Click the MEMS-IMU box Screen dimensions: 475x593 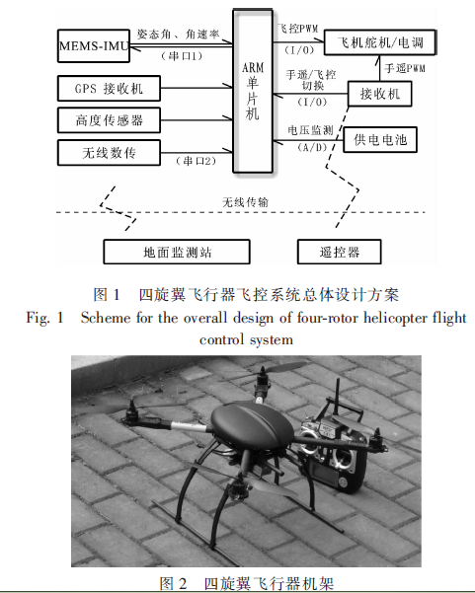(94, 45)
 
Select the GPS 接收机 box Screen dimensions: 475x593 (109, 89)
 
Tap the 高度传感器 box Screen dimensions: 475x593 (109, 120)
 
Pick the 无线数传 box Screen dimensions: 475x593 (109, 153)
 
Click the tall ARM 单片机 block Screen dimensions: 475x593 (253, 91)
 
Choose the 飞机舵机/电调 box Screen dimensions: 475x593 (379, 42)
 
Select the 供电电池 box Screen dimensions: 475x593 (380, 140)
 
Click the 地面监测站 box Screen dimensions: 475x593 (177, 252)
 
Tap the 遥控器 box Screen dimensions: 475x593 (339, 252)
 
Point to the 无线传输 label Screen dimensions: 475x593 (245, 202)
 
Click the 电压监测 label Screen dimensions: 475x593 (310, 130)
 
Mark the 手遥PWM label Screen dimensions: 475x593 (405, 68)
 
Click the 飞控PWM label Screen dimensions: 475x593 (297, 29)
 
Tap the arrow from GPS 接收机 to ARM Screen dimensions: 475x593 (197, 88)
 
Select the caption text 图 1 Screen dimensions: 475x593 (107, 295)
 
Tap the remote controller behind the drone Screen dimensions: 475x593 (333, 450)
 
